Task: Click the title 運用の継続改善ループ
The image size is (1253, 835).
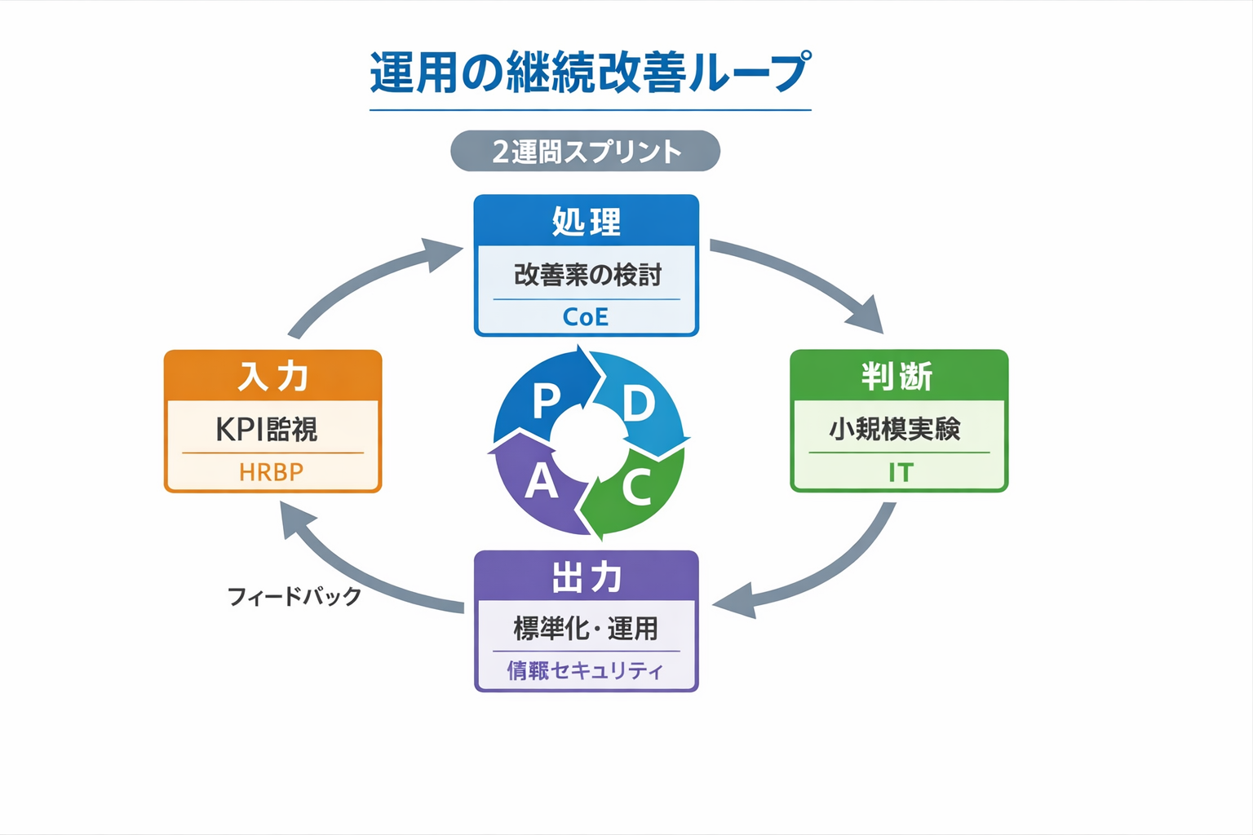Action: [x=590, y=72]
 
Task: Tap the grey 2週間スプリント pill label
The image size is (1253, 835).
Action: [x=585, y=152]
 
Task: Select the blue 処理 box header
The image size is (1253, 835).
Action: [x=586, y=221]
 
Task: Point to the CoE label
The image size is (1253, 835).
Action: [x=586, y=316]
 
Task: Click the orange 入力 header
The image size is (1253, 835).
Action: [x=272, y=377]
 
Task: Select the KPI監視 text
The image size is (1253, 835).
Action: [x=267, y=429]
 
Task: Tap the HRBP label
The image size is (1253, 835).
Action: [x=271, y=472]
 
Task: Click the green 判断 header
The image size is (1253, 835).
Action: [x=898, y=377]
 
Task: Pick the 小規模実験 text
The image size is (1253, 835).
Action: [x=895, y=429]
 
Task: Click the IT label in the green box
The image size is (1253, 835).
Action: [x=901, y=472]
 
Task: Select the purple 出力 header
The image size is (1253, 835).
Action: [x=586, y=577]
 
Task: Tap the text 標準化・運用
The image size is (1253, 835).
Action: [x=586, y=629]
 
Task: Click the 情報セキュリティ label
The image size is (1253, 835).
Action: [x=585, y=670]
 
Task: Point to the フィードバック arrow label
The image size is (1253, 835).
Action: [x=294, y=596]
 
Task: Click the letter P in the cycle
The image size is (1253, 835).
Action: [x=545, y=401]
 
